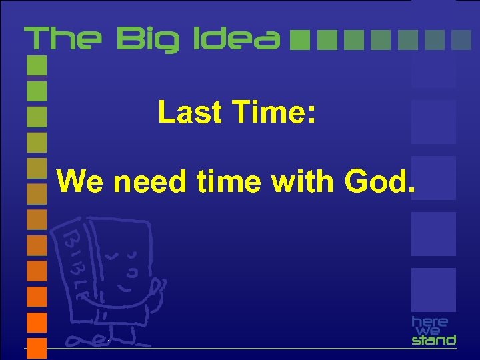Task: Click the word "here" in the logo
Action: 430,322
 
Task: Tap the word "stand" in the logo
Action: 433,340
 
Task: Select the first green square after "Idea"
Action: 301,40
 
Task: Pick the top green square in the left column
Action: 37,65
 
